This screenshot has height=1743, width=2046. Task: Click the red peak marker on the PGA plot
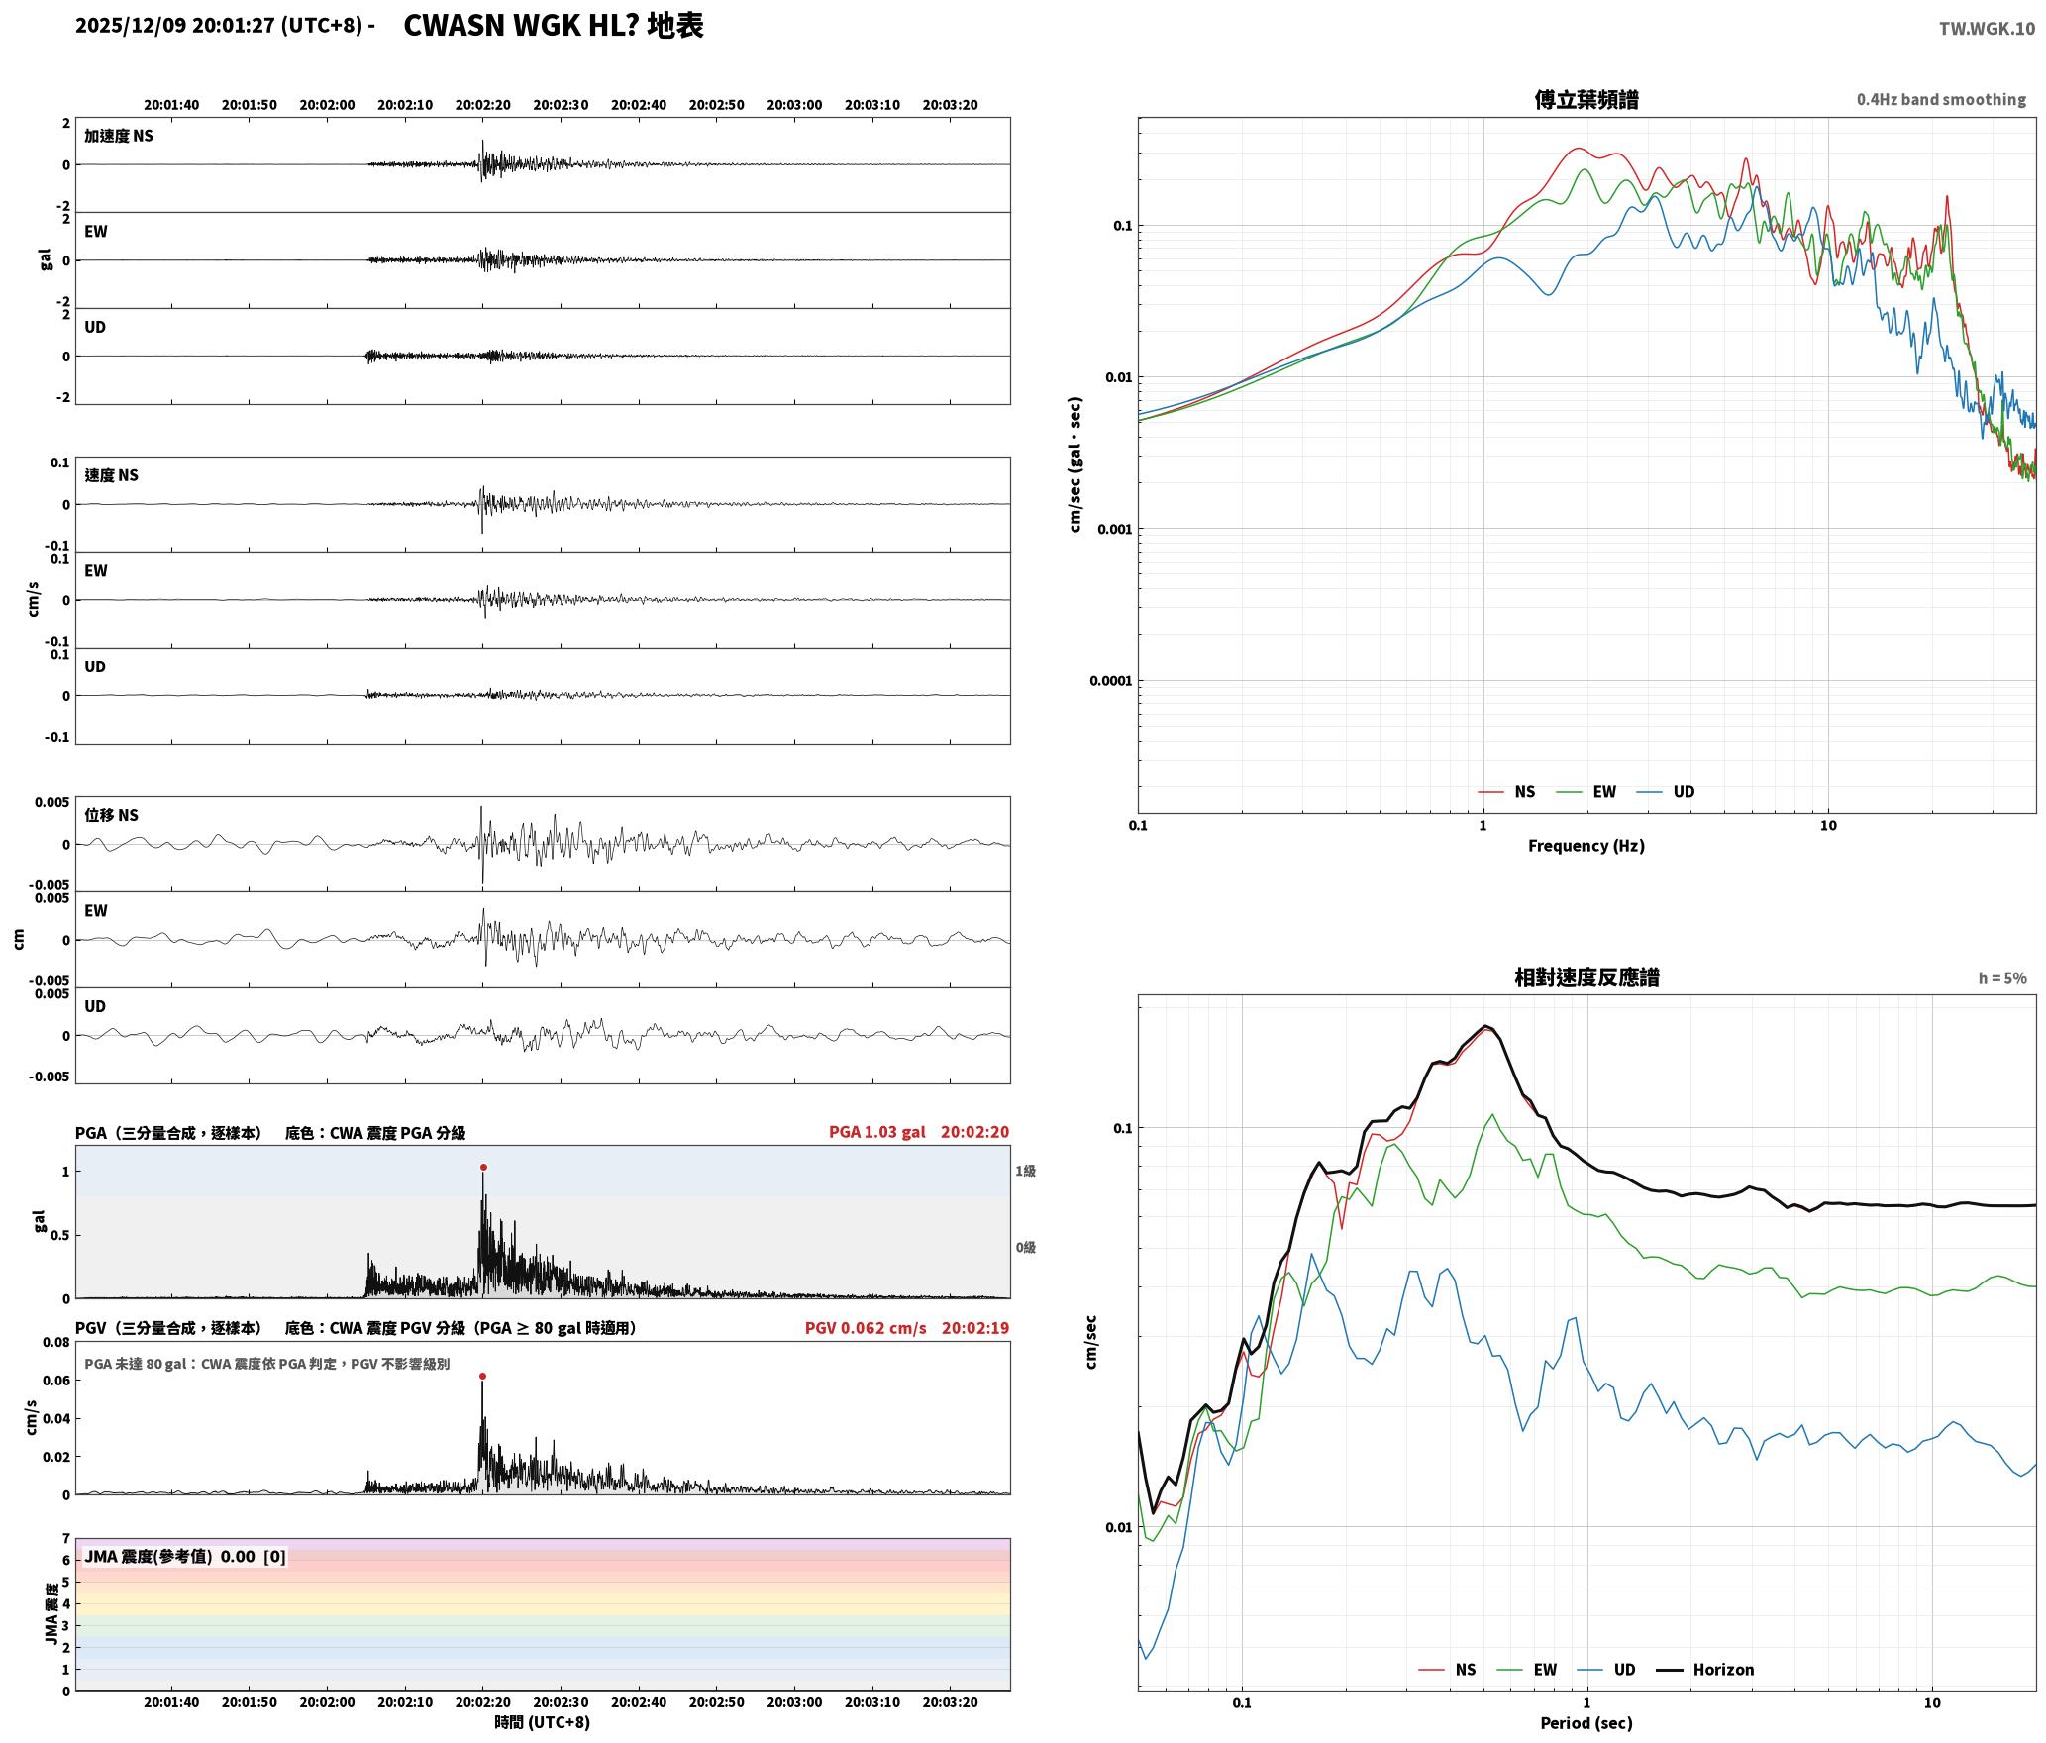click(483, 1168)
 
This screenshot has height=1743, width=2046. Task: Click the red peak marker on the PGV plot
click(482, 1377)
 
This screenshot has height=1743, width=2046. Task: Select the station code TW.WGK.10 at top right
click(1987, 29)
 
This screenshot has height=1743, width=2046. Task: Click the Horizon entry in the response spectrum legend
click(1723, 1670)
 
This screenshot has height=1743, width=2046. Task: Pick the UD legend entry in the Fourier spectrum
click(1684, 792)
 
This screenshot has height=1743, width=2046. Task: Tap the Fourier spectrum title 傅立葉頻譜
click(1586, 100)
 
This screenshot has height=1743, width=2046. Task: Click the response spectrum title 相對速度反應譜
click(1586, 977)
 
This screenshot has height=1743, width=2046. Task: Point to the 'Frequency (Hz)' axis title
click(1586, 846)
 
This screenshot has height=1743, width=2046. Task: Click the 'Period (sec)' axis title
click(1586, 1723)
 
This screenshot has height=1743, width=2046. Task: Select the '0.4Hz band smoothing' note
click(1941, 100)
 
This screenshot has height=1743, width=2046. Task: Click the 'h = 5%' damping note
click(2002, 978)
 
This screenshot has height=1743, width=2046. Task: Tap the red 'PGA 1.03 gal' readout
click(877, 1132)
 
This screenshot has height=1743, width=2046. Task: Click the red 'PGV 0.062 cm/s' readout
click(866, 1328)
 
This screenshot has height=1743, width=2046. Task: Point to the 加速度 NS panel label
click(119, 136)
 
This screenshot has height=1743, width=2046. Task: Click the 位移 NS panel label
click(111, 815)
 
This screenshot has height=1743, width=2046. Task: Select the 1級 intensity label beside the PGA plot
click(1025, 1172)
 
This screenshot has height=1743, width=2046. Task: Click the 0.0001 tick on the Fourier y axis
click(1110, 681)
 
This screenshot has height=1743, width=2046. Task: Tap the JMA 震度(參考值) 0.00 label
click(169, 1557)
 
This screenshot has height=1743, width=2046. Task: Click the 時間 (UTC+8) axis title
click(543, 1722)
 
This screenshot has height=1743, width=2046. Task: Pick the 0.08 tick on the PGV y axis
click(57, 1343)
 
